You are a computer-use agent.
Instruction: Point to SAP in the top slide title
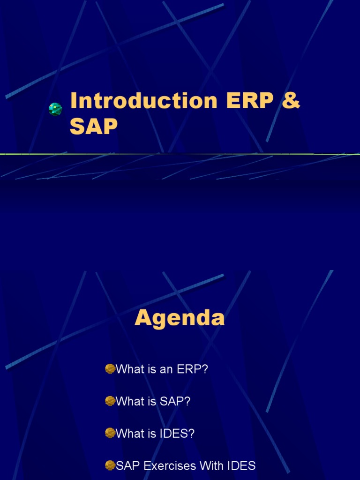pyautogui.click(x=94, y=127)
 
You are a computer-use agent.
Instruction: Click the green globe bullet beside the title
pyautogui.click(x=55, y=109)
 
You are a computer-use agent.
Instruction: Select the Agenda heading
pyautogui.click(x=180, y=318)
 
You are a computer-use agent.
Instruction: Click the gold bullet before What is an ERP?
pyautogui.click(x=110, y=369)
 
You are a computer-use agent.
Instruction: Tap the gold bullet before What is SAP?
pyautogui.click(x=110, y=401)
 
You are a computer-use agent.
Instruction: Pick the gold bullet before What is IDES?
pyautogui.click(x=110, y=434)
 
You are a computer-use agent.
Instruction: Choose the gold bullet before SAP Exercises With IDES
pyautogui.click(x=110, y=465)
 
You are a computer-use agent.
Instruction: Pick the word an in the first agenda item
pyautogui.click(x=167, y=369)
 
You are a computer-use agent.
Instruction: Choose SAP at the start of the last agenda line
pyautogui.click(x=127, y=466)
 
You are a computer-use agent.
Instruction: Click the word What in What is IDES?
pyautogui.click(x=130, y=434)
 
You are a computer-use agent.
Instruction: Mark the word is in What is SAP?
pyautogui.click(x=151, y=402)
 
